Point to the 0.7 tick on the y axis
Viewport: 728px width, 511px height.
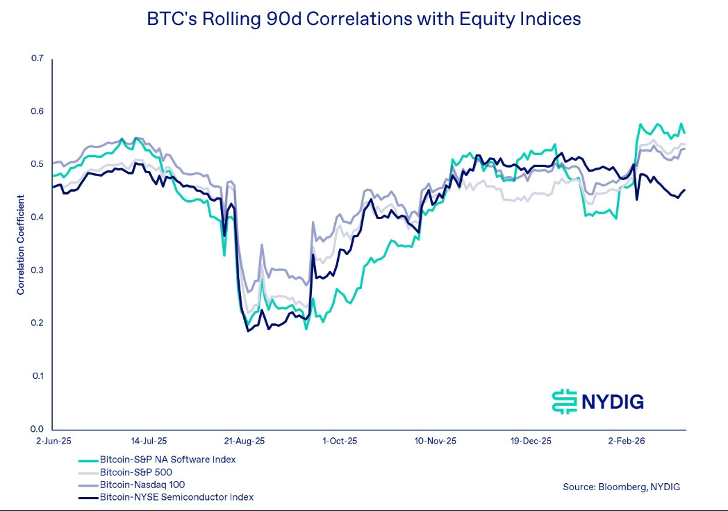coord(37,58)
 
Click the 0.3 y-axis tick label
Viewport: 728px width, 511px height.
coord(37,270)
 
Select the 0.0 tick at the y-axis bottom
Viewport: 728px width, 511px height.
coord(37,429)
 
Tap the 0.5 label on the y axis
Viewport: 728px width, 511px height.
coord(37,164)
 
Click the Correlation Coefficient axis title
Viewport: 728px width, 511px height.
coord(21,244)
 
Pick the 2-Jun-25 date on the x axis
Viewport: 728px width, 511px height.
coord(53,441)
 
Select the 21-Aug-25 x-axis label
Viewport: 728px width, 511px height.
coord(243,441)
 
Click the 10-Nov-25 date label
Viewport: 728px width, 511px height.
coord(436,441)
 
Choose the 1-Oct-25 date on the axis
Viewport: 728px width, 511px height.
coord(340,441)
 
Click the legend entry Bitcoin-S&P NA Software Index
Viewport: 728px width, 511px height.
coord(167,460)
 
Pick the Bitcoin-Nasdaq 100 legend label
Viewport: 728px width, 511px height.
coord(142,485)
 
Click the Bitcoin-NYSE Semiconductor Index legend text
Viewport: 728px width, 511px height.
coord(176,497)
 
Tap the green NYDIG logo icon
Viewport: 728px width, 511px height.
coord(565,401)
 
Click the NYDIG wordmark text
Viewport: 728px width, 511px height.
coord(613,401)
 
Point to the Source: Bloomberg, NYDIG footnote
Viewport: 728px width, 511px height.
coord(621,487)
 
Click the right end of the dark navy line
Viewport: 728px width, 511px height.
coord(685,190)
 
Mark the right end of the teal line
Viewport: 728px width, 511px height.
coord(685,133)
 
